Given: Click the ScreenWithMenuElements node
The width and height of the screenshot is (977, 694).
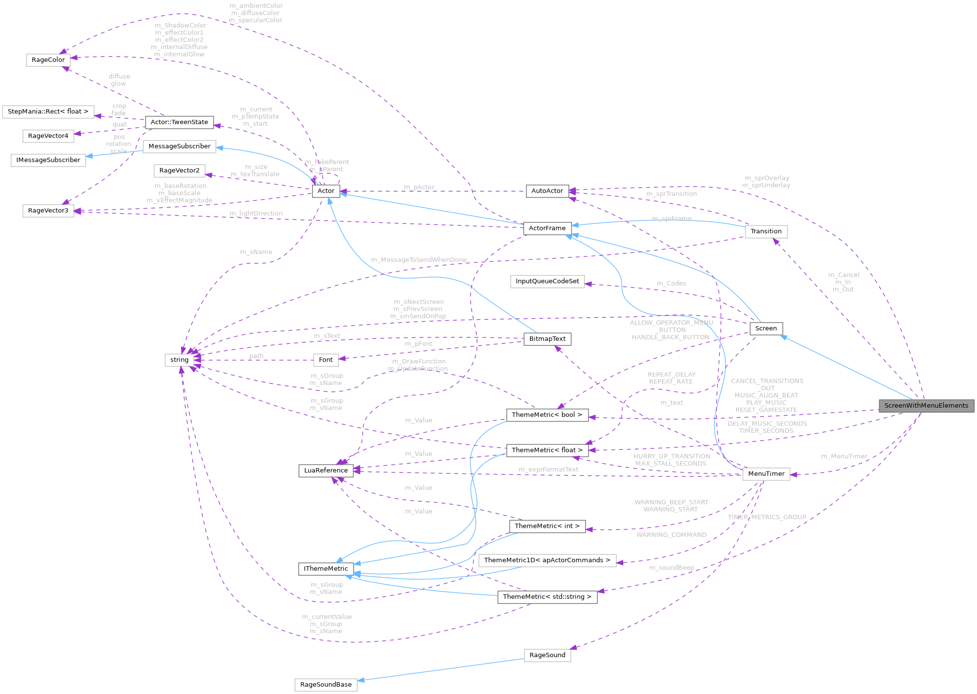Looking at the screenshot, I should (x=926, y=406).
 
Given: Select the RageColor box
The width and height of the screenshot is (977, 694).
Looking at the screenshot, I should (x=48, y=60).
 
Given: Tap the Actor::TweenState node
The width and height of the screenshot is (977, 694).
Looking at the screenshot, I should (x=179, y=122).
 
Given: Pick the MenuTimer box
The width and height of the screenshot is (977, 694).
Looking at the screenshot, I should (x=766, y=474).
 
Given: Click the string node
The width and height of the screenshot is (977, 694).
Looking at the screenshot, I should (x=179, y=360).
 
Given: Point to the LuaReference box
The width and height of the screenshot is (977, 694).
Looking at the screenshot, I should (x=325, y=471).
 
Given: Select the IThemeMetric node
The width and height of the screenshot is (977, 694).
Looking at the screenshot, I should (x=325, y=569).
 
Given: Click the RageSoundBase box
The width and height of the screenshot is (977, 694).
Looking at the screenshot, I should (x=326, y=685).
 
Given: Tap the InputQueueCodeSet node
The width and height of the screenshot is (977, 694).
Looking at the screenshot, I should (x=547, y=281).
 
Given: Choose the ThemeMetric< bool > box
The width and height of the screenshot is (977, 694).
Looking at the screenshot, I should (x=547, y=415).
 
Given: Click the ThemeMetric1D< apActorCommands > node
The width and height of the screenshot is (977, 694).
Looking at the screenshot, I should (x=547, y=560).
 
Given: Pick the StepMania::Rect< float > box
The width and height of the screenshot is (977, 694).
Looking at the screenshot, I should (x=48, y=111).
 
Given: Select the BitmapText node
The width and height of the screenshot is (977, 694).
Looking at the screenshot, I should (x=547, y=339).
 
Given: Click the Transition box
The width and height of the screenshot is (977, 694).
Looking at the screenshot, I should (x=766, y=231).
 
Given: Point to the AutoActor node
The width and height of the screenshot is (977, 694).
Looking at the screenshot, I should (x=547, y=191).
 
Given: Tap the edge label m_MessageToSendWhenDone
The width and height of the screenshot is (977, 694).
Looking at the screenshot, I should (x=419, y=260).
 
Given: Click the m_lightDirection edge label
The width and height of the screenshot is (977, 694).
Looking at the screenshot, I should (x=256, y=213).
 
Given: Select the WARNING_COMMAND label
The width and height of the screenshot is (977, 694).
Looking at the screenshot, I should (x=671, y=535).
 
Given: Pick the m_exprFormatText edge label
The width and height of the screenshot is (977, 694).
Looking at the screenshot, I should (x=548, y=470).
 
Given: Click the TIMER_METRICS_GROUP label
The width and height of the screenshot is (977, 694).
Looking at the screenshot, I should (x=766, y=517).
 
